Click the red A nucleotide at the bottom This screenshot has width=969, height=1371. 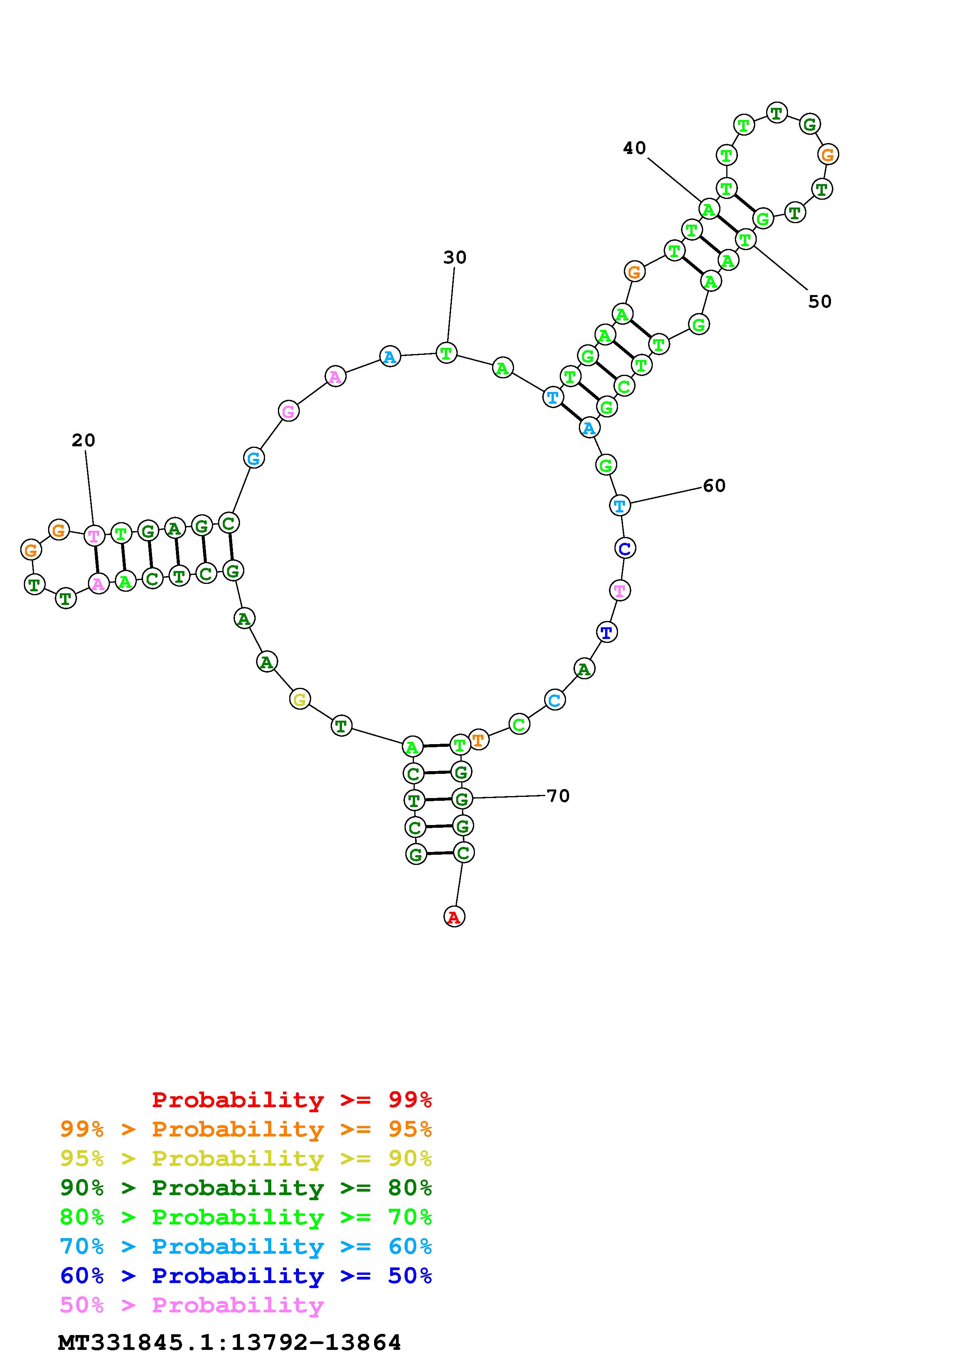(454, 916)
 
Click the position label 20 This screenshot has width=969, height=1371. (84, 441)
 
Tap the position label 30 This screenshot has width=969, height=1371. (455, 258)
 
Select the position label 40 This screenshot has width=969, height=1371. (635, 148)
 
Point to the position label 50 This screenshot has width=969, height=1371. (820, 302)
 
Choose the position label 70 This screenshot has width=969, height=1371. (558, 796)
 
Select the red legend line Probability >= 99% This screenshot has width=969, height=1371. (292, 1100)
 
